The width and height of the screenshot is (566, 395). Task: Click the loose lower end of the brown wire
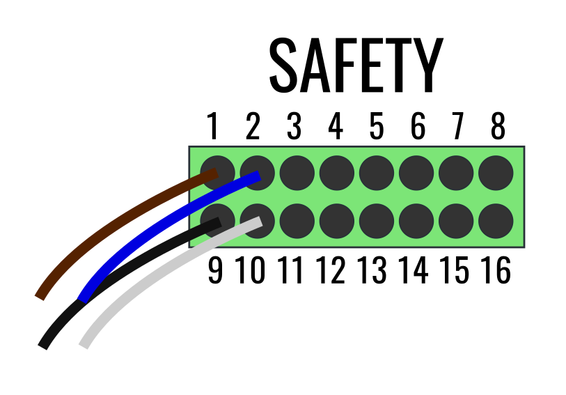(40, 296)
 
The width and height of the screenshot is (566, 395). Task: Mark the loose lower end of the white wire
(84, 345)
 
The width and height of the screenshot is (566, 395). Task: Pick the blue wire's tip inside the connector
(258, 176)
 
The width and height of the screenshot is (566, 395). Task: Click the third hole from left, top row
(297, 173)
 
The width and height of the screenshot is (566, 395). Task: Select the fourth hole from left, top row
(337, 173)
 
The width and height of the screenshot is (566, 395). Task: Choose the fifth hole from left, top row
(377, 173)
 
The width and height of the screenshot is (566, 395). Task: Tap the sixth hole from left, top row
(416, 173)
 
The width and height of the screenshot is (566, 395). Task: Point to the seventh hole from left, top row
(456, 173)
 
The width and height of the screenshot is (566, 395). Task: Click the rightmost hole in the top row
(496, 173)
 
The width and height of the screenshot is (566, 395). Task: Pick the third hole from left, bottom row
(297, 221)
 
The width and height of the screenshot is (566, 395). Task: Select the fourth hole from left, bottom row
(337, 221)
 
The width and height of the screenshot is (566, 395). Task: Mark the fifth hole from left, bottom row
(377, 221)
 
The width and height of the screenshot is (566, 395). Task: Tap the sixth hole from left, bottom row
(416, 221)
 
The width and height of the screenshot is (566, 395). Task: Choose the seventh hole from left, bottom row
(456, 221)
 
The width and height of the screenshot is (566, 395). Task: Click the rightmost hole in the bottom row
(496, 221)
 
